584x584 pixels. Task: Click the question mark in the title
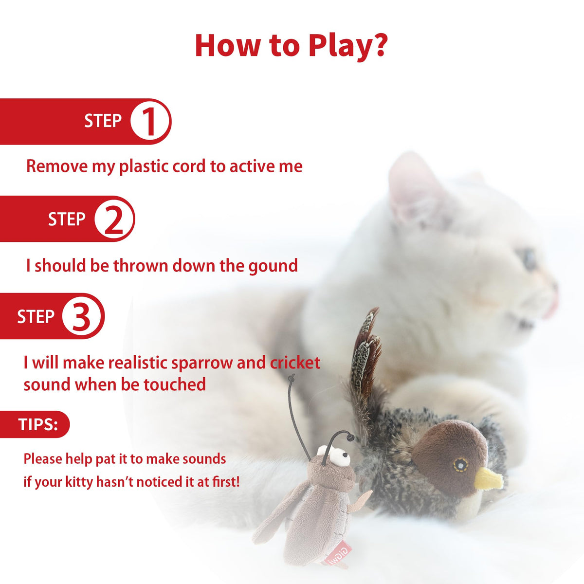pyautogui.click(x=379, y=45)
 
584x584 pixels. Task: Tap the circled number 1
pyautogui.click(x=150, y=122)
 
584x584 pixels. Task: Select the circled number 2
pyautogui.click(x=114, y=219)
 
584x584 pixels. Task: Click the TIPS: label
pyautogui.click(x=38, y=424)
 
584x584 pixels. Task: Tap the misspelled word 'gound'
pyautogui.click(x=273, y=266)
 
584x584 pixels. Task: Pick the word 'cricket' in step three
pyautogui.click(x=295, y=363)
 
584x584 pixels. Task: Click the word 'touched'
pyautogui.click(x=175, y=384)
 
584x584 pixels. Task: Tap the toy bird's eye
pyautogui.click(x=460, y=464)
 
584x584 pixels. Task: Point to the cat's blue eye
pyautogui.click(x=529, y=259)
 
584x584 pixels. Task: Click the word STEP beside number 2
pyautogui.click(x=67, y=219)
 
